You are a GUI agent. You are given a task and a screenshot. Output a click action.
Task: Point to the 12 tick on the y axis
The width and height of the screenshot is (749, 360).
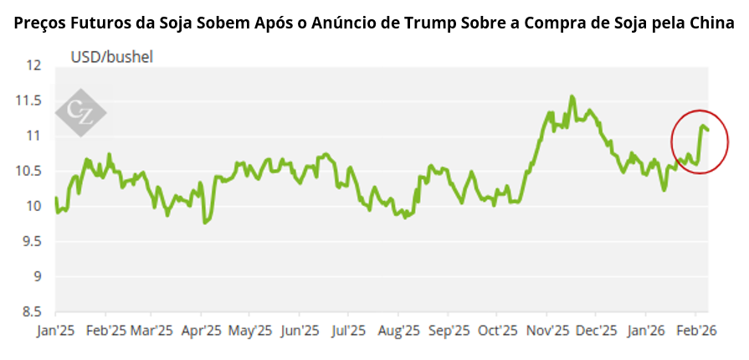click(x=34, y=65)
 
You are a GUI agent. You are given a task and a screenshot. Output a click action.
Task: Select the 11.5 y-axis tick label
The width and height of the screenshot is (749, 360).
click(x=29, y=100)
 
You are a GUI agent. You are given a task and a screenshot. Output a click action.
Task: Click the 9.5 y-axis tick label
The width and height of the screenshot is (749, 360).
click(x=32, y=241)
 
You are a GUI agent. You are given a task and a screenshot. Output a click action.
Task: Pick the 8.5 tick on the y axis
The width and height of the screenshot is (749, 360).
click(x=32, y=311)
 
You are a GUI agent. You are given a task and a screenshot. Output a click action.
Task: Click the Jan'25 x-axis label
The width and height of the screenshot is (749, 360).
click(x=55, y=331)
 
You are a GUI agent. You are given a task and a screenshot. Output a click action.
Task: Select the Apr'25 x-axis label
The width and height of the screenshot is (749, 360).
click(x=202, y=331)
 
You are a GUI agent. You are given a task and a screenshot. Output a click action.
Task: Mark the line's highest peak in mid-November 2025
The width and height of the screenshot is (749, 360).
click(x=572, y=96)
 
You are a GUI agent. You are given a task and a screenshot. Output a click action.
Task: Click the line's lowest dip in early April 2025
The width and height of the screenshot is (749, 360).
click(x=205, y=223)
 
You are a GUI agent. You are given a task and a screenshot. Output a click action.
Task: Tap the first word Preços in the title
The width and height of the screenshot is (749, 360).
click(x=42, y=24)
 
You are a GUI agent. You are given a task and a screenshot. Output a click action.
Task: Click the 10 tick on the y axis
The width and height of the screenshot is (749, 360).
click(x=34, y=206)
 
